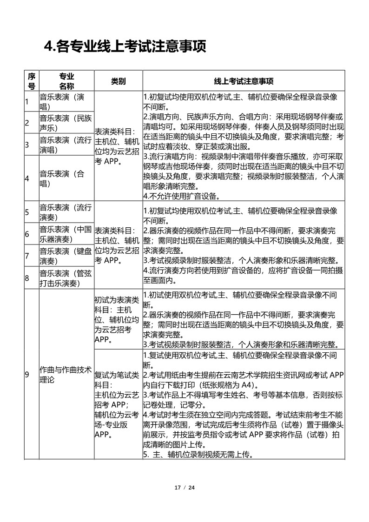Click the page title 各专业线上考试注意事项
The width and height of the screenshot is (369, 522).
coord(125,46)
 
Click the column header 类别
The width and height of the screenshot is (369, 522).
coord(118,81)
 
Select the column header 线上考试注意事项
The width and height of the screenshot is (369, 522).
coord(244,81)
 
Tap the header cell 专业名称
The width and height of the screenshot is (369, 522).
coord(66,81)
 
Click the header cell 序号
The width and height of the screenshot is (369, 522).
coord(31,81)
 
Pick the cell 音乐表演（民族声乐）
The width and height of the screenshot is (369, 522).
coord(66,123)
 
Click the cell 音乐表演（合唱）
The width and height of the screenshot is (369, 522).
coord(66,178)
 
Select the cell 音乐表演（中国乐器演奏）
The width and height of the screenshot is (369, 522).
coord(66,234)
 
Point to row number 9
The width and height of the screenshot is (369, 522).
coord(27,375)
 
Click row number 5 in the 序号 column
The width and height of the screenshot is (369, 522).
coord(27,212)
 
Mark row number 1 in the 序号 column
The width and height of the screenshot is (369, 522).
coord(27,101)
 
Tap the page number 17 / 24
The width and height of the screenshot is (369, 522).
coord(184,488)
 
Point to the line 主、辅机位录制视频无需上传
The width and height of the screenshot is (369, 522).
coord(200,455)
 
